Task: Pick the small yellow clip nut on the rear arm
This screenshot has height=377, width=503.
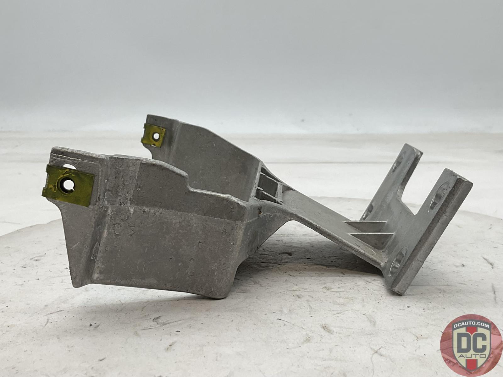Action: [153, 137]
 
